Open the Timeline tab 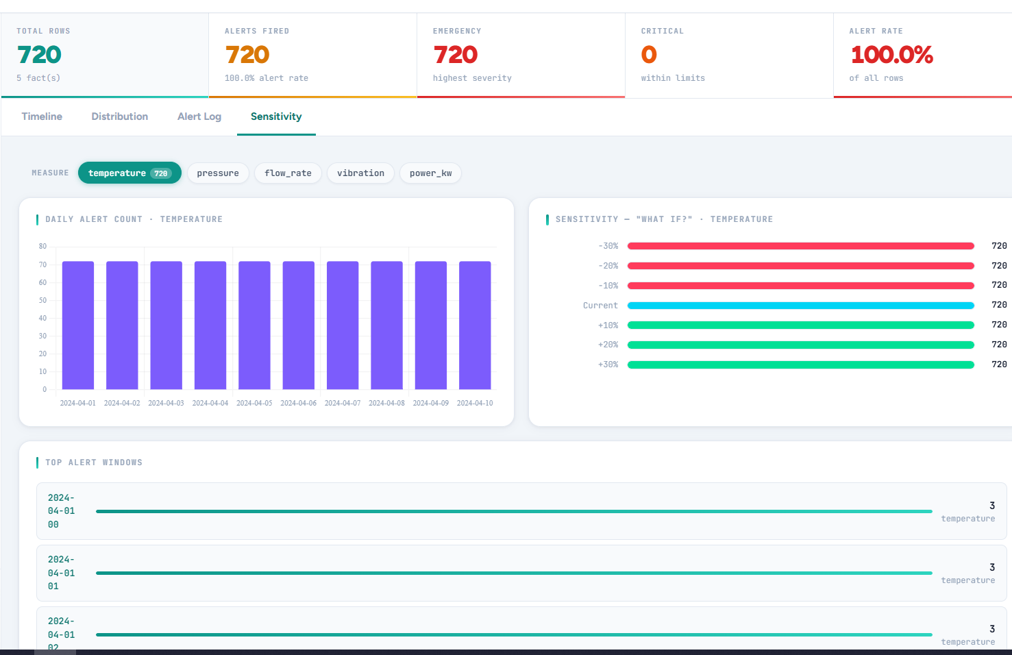click(42, 116)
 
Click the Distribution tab click(120, 116)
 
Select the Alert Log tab click(199, 116)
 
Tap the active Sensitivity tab click(276, 116)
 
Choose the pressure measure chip click(218, 173)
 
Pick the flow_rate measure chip click(288, 173)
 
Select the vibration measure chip click(360, 173)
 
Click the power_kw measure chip click(430, 173)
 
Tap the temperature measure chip click(129, 173)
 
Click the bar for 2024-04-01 click(78, 325)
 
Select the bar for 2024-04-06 click(299, 325)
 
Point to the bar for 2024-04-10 click(475, 325)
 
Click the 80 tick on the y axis click(43, 247)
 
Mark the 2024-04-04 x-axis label click(210, 403)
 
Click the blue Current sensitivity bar click(800, 306)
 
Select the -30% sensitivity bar click(800, 246)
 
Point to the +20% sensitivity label click(608, 345)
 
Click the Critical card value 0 click(649, 55)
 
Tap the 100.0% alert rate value click(891, 55)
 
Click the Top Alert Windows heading click(94, 462)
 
